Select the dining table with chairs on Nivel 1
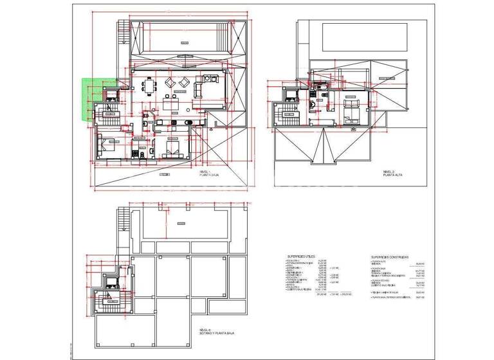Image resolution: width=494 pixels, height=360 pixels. point(150,86)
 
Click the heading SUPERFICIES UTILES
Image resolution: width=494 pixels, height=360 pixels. point(305,255)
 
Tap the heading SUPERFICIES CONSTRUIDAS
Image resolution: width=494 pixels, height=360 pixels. point(390,255)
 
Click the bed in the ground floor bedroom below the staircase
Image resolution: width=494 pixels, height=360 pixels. point(104,147)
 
